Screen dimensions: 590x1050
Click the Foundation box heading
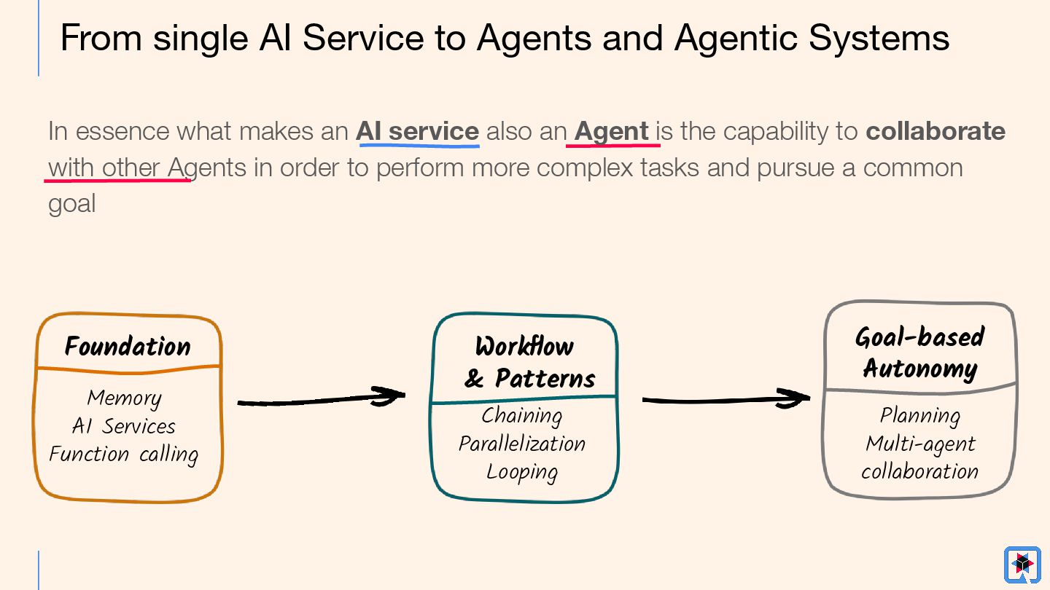128,346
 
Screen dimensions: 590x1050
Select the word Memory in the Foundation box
124,398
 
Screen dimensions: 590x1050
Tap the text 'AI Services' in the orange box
124,425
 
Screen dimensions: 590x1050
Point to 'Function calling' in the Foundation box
124,454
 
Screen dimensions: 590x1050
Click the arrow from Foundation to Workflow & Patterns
321,399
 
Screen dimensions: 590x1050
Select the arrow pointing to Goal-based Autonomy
726,399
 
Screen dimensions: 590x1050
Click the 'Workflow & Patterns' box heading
525,362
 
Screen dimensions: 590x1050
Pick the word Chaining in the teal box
522,415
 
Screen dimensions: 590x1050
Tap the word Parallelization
522,444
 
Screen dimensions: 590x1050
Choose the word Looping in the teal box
522,472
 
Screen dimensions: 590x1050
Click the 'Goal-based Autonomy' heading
919,353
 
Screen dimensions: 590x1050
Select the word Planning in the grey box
919,415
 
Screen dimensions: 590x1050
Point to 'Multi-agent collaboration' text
919,457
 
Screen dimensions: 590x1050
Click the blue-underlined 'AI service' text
417,131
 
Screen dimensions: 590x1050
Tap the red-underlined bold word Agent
612,131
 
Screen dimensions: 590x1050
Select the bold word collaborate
936,131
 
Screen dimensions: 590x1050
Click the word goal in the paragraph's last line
71,204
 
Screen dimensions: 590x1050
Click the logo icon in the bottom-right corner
1022,565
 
